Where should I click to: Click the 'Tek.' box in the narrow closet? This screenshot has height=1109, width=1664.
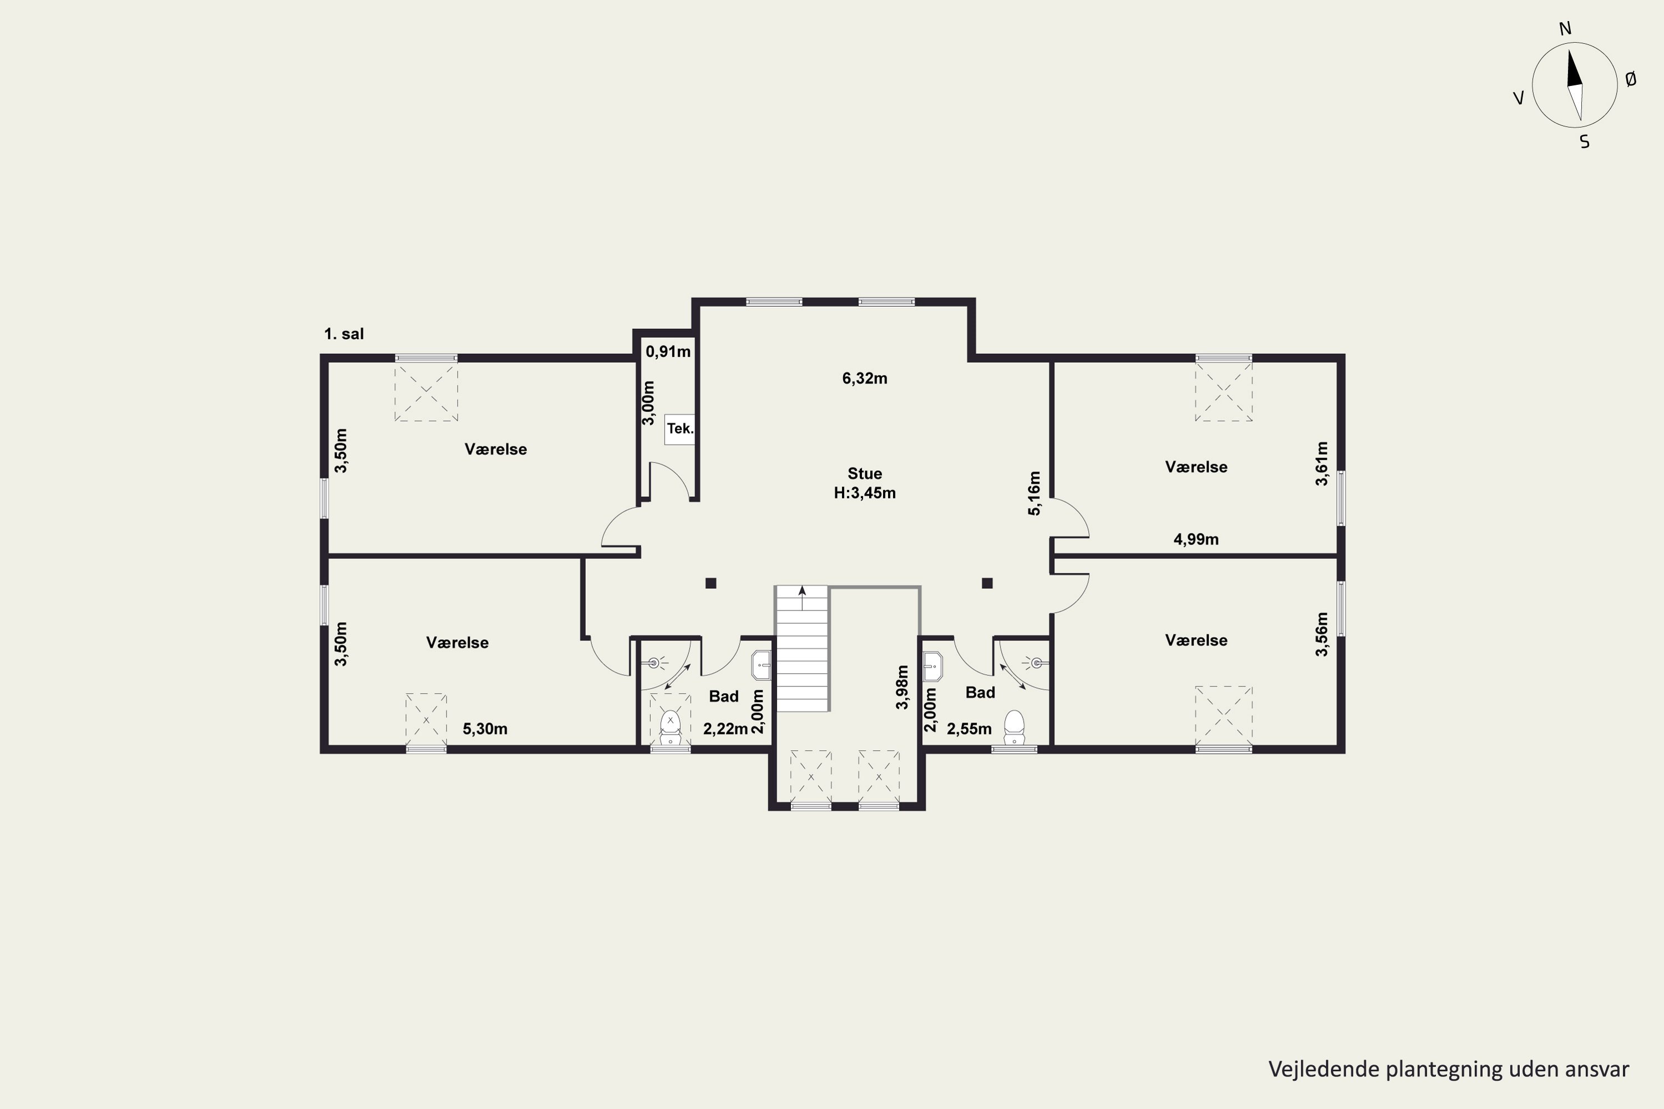680,429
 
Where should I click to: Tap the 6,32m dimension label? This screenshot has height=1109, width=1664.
865,378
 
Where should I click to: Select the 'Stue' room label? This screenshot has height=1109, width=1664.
865,473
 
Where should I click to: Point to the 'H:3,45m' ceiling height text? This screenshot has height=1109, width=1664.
865,493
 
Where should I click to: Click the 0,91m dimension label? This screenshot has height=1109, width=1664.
668,352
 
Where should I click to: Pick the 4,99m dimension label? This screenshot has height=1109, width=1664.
1196,540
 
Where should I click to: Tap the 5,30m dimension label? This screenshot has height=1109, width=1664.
485,729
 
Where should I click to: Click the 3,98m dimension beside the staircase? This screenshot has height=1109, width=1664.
902,687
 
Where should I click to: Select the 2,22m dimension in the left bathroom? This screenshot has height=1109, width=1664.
725,729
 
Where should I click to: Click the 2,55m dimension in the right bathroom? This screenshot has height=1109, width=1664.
968,729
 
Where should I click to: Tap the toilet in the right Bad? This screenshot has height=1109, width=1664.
1014,727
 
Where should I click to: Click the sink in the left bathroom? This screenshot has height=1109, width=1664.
760,665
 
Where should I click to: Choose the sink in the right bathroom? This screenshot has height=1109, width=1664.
933,665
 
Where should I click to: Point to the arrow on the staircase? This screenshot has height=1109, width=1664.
801,598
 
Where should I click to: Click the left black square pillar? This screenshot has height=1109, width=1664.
711,583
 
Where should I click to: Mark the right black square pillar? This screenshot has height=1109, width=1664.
987,583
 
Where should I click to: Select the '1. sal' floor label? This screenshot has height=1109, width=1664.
344,334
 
